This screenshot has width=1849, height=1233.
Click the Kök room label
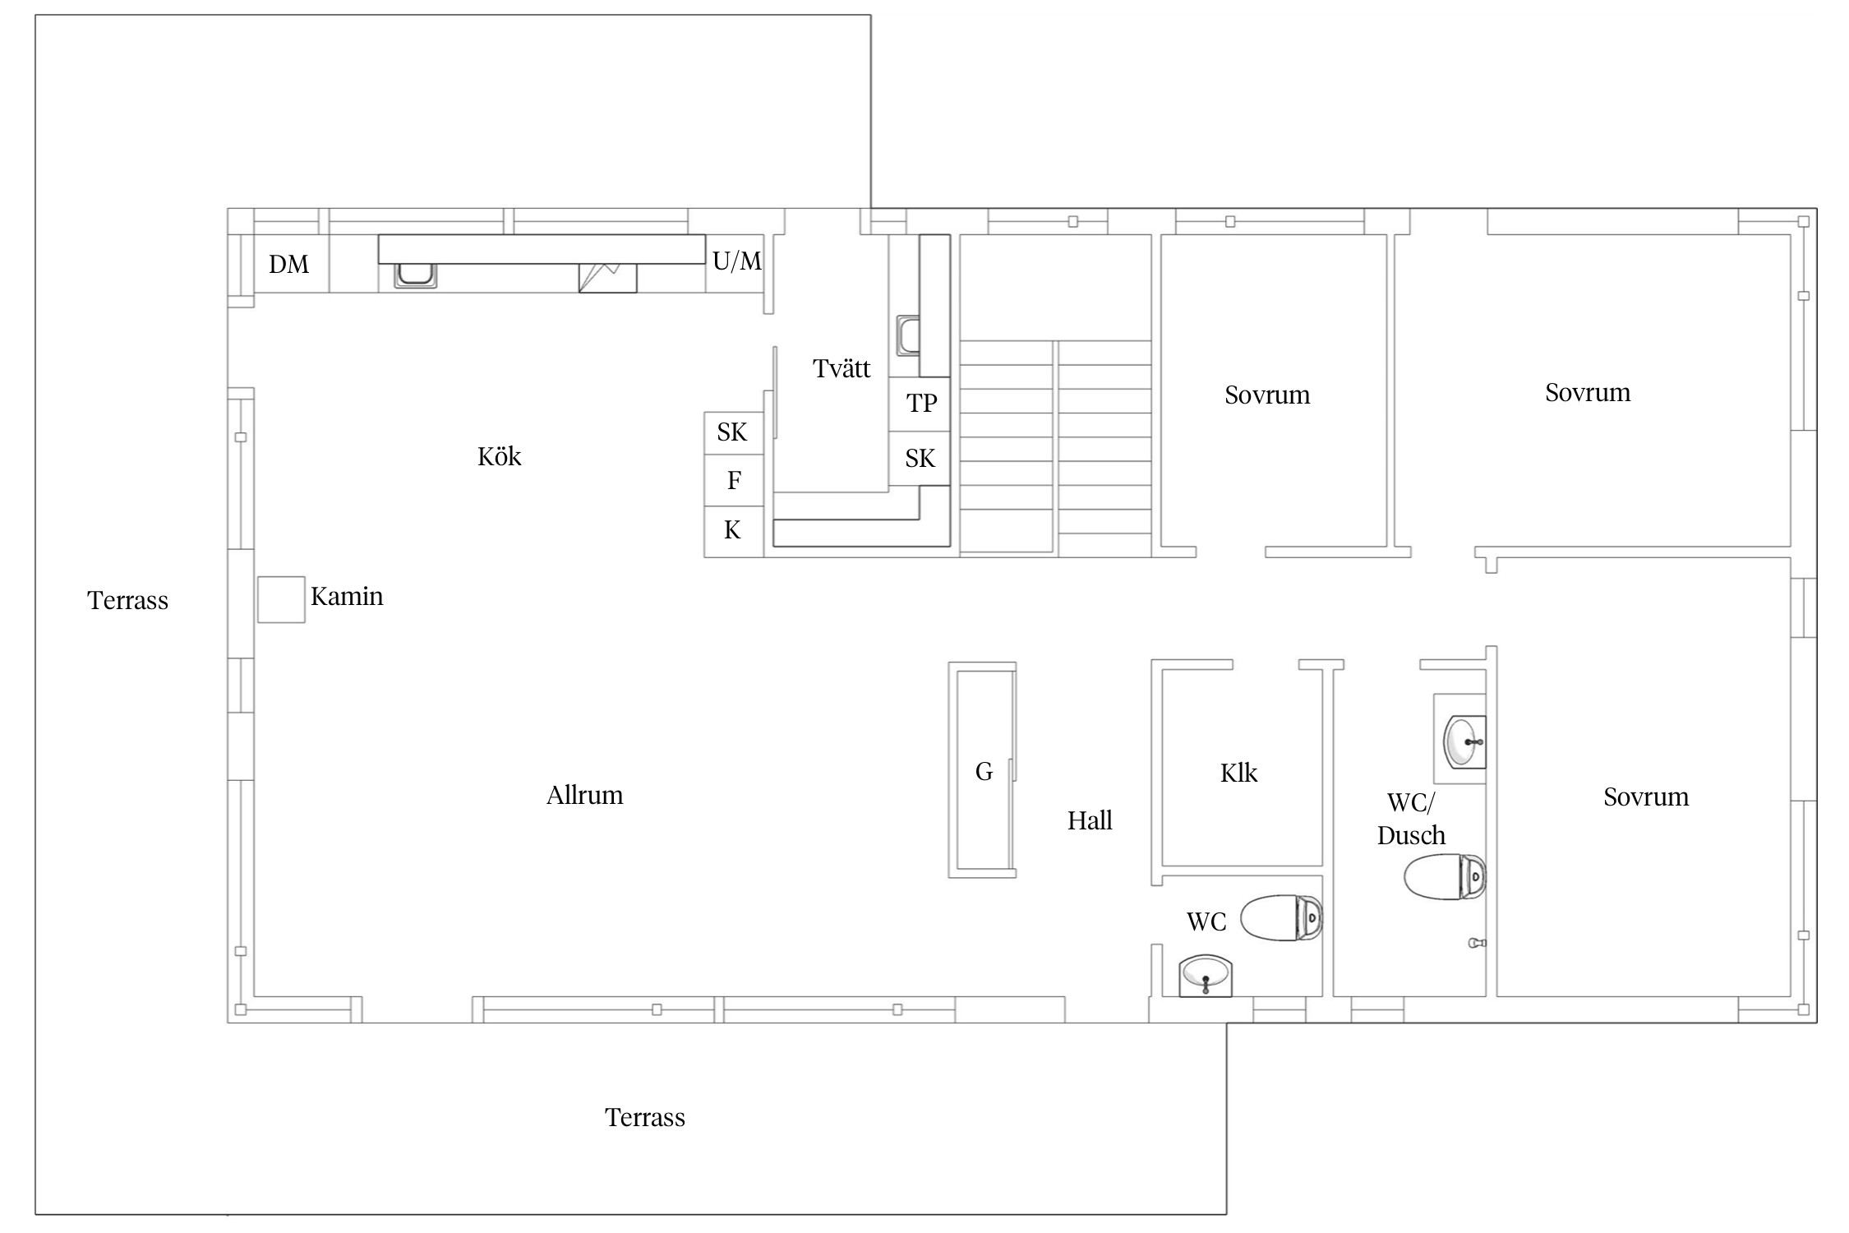500,456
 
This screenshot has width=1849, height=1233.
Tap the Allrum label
585,795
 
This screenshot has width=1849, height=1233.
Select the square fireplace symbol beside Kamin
281,599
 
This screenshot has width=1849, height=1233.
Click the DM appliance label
288,264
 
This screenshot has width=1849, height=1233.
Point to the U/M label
737,261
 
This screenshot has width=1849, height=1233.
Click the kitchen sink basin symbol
415,275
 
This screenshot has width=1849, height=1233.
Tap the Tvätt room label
842,368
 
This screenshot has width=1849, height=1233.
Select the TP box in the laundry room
920,404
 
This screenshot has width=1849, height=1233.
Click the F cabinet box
734,480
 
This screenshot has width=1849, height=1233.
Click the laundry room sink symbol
908,335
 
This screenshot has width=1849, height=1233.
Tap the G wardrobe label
984,771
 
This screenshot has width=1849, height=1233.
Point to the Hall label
1090,820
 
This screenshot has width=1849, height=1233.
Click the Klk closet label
1238,773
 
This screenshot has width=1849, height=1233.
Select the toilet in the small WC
1281,917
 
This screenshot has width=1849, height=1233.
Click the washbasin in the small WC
1206,976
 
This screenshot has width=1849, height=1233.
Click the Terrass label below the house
645,1117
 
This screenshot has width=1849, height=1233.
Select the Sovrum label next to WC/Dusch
1646,797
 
